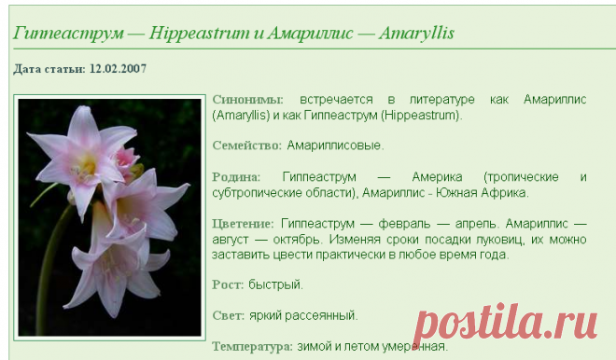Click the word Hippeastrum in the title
click(x=199, y=34)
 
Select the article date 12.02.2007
click(x=118, y=69)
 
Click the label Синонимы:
click(x=247, y=100)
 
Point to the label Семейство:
click(x=247, y=145)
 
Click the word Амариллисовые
click(x=335, y=145)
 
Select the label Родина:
click(x=236, y=177)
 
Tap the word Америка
click(x=437, y=177)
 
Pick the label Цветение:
click(x=243, y=224)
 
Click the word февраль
click(x=404, y=224)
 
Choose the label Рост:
click(x=228, y=284)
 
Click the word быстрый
click(x=275, y=284)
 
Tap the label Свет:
click(x=229, y=315)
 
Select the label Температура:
click(x=252, y=347)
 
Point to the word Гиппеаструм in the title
click(x=68, y=34)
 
